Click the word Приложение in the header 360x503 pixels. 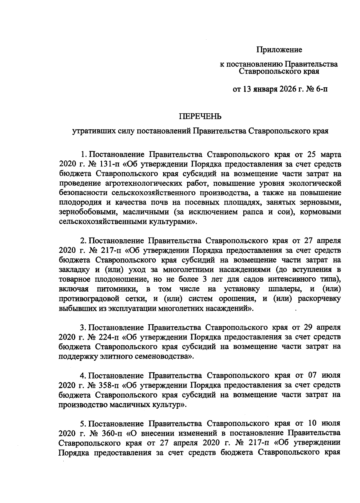pos(279,50)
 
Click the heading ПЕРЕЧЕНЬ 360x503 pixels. pos(200,117)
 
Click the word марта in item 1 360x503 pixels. pos(330,155)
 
